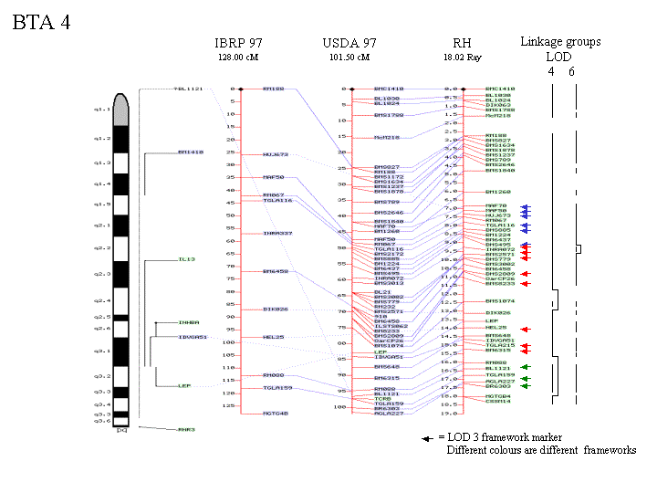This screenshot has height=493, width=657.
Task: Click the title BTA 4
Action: [x=41, y=22]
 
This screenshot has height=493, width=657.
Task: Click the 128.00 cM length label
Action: [x=236, y=57]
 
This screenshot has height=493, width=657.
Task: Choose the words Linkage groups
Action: [x=560, y=41]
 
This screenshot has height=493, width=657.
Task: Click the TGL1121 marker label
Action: [x=187, y=89]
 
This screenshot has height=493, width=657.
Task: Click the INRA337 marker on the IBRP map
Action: [x=277, y=234]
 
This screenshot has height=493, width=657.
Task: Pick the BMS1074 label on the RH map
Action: [x=500, y=300]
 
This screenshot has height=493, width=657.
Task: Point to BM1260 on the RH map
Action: [x=498, y=192]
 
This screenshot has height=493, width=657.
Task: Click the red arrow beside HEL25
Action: [x=525, y=329]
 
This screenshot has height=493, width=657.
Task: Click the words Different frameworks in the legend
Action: [x=542, y=451]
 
